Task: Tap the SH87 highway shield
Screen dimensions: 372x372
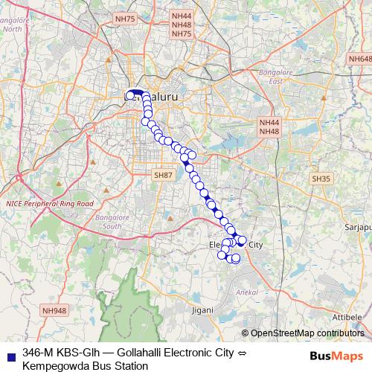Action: click(162, 174)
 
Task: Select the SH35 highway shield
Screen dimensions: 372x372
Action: click(321, 179)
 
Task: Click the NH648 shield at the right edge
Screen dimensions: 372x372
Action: click(360, 58)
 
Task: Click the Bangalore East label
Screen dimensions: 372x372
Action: click(276, 75)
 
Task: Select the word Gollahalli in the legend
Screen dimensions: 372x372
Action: click(143, 351)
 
